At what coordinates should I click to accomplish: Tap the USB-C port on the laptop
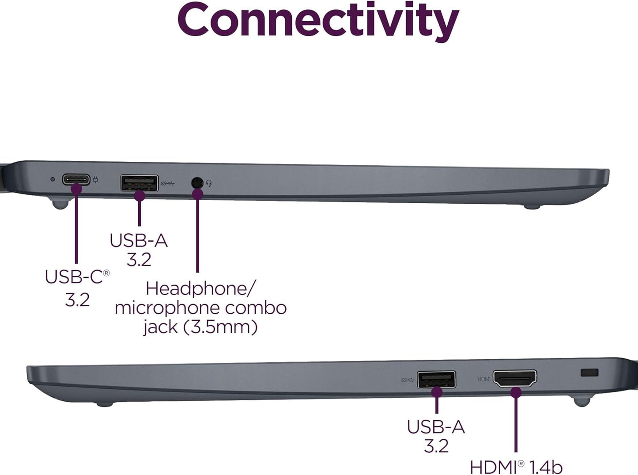coord(76,180)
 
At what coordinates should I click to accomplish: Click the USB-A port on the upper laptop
coord(139,182)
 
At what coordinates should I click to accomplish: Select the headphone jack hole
coord(197,182)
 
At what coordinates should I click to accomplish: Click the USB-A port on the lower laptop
coord(436,380)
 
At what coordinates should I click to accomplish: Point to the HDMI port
coord(515,378)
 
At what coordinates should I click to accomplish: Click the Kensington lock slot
coord(589,372)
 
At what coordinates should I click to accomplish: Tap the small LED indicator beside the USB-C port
coord(53,179)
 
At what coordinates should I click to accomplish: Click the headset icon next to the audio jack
coord(209,182)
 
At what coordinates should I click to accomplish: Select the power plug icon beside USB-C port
coord(96,180)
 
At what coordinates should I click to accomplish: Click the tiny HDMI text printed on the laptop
coord(484,379)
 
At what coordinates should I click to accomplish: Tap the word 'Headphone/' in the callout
coord(200,289)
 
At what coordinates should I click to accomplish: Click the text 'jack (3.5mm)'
coord(200,327)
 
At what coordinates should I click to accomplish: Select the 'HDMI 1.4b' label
coord(516,467)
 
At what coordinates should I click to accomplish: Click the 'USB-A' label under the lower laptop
coord(436,427)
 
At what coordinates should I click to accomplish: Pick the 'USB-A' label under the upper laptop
coord(139,240)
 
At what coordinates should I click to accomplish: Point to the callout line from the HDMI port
coord(516,424)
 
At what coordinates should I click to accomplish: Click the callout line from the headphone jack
coord(197,234)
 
